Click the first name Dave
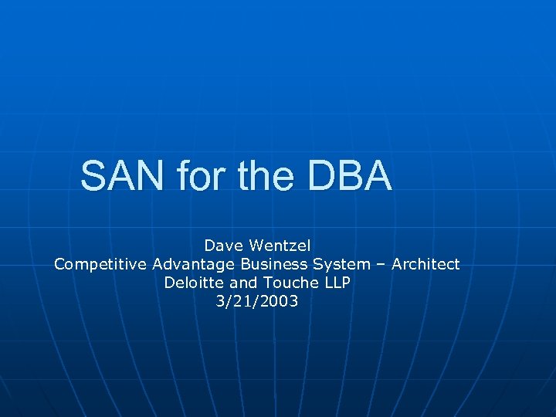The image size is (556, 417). pos(222,246)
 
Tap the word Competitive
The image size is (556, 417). pos(100,264)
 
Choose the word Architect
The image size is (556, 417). pos(425,264)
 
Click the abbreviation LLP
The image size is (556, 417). pos(336,283)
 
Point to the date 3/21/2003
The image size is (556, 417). pos(258,301)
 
